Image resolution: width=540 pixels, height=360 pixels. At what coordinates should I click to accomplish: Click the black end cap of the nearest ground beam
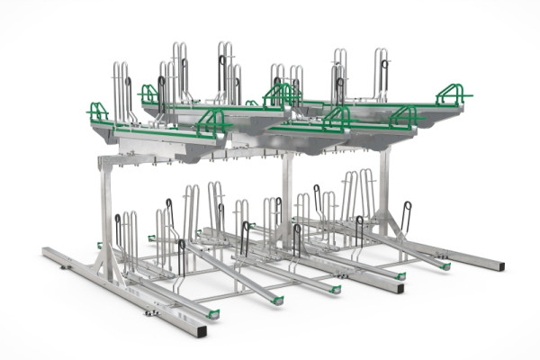click(x=201, y=330)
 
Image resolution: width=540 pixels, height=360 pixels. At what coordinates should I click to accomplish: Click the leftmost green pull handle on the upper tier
click(x=98, y=112)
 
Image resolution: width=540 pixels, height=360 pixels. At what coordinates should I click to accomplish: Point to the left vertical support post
click(x=107, y=216)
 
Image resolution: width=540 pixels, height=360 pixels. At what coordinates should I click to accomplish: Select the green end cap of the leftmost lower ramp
click(x=213, y=313)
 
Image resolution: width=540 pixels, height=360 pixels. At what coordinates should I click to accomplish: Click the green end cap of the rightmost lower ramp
click(x=445, y=265)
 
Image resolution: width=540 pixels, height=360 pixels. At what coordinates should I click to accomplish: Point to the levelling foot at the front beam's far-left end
click(x=62, y=267)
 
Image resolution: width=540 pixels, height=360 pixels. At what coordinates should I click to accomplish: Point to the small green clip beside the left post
click(x=99, y=245)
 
